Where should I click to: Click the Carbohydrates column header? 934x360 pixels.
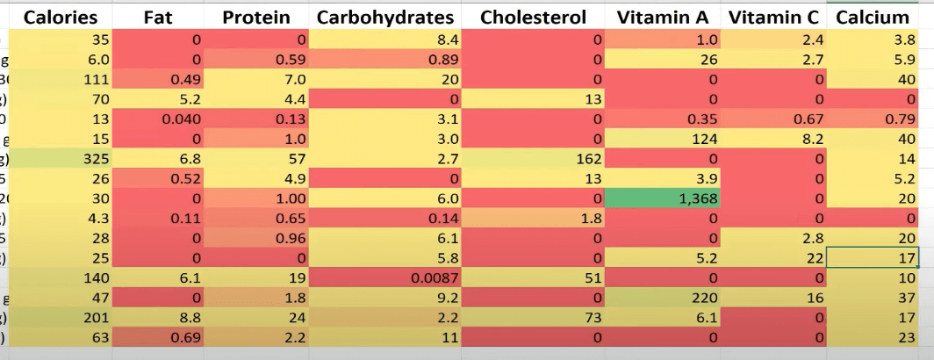pos(385,17)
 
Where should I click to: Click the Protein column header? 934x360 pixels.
pos(255,17)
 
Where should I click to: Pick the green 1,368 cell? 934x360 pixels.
pos(666,198)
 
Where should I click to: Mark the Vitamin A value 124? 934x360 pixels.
pos(666,139)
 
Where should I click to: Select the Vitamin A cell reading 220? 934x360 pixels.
pos(666,298)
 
